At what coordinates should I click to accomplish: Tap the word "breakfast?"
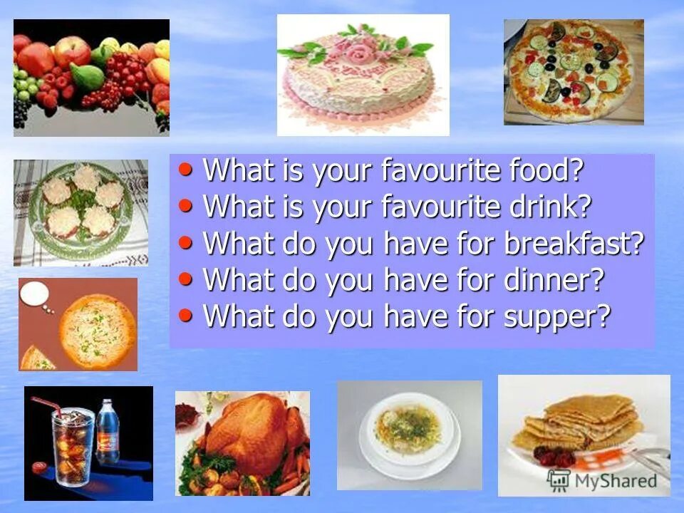tap(574, 244)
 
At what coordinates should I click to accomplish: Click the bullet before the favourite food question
tap(186, 170)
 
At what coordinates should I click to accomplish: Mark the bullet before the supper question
tap(186, 314)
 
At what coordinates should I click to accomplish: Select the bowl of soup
tap(407, 430)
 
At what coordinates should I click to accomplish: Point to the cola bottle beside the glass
tap(108, 432)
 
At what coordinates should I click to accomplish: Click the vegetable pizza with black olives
tap(574, 71)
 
